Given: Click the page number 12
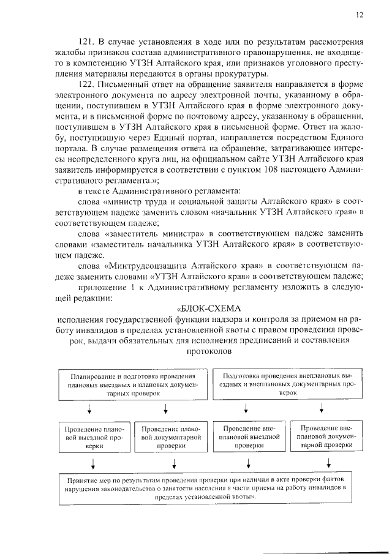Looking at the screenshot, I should [360, 15].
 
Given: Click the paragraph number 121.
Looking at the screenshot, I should [91, 43].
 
